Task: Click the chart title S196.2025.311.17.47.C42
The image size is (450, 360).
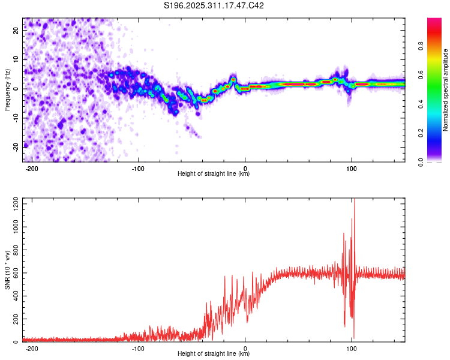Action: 214,6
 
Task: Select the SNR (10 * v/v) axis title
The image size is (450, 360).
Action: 7,270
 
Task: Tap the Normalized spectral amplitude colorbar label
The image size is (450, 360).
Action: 445,90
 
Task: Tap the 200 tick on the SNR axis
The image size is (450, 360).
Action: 15,319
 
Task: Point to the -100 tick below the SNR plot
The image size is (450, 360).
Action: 138,349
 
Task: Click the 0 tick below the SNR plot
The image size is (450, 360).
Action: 245,349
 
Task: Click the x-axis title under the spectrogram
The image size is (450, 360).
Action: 214,174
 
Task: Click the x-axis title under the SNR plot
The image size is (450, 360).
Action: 214,354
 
